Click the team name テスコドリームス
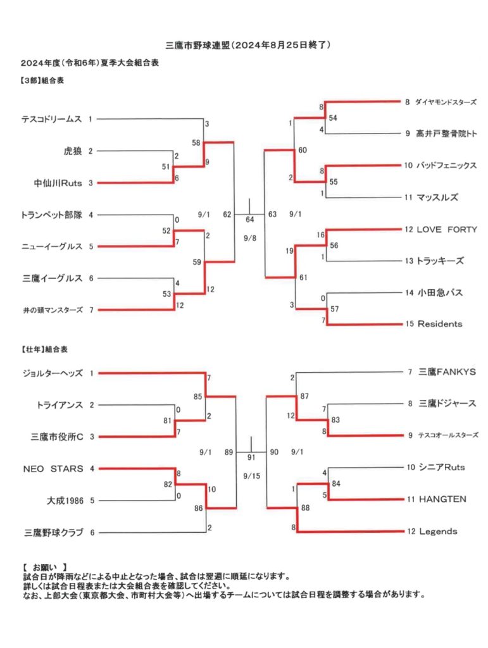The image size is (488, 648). [x=52, y=120]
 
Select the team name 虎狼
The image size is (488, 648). [x=73, y=151]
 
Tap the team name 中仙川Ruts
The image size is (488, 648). [x=58, y=183]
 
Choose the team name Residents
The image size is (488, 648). [x=440, y=324]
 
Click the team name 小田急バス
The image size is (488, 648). [x=440, y=292]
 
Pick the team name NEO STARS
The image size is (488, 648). [x=53, y=469]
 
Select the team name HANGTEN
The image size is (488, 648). [x=442, y=499]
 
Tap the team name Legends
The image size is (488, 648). [x=438, y=532]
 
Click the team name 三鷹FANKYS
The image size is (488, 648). [x=447, y=372]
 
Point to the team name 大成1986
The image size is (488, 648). [x=65, y=501]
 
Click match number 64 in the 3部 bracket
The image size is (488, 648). [x=249, y=220]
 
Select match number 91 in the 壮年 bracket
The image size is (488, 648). [x=251, y=458]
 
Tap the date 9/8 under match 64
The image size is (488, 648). [x=249, y=239]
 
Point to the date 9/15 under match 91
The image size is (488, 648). [x=252, y=476]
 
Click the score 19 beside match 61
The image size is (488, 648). [x=289, y=251]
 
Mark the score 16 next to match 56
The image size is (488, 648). [x=321, y=235]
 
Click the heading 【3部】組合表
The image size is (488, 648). [x=42, y=81]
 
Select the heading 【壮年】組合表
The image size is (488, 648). [x=44, y=349]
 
